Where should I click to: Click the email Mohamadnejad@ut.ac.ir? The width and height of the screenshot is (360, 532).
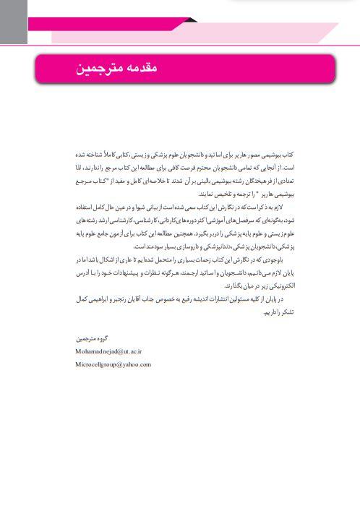click(x=109, y=350)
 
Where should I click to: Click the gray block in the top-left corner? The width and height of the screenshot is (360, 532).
click(x=13, y=22)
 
